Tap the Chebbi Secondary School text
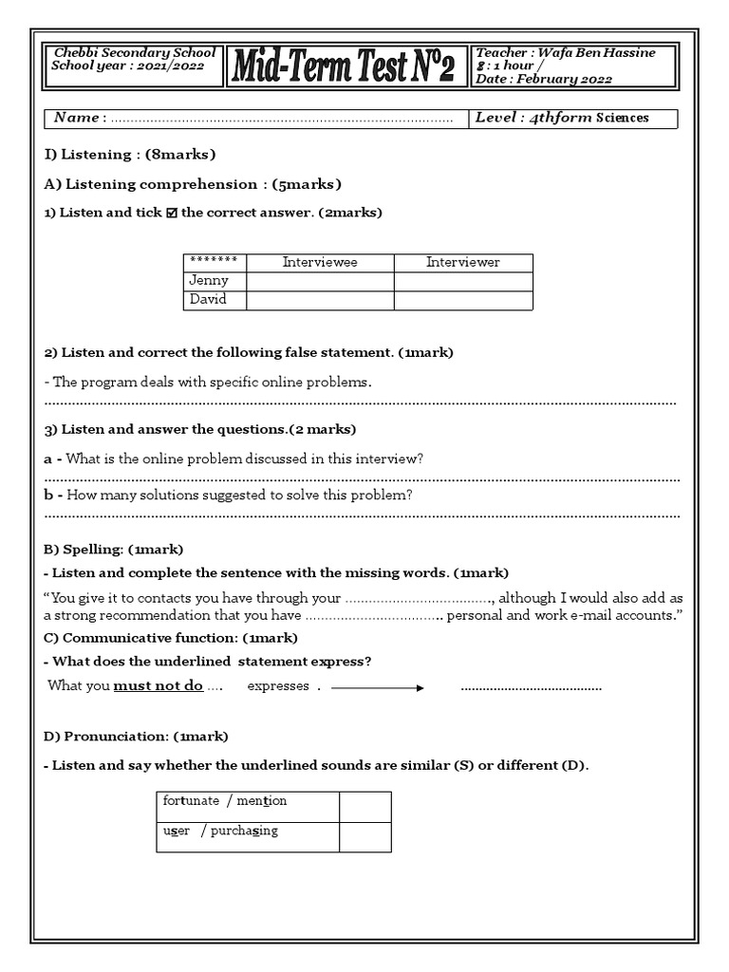(x=135, y=53)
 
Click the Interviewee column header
(x=320, y=263)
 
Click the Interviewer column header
(x=462, y=263)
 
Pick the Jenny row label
(x=209, y=281)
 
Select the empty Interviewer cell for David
(x=462, y=300)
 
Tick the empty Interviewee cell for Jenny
(x=320, y=281)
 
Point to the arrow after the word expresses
(x=377, y=687)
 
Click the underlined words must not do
(x=159, y=686)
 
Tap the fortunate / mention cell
(x=225, y=801)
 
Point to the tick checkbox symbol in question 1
(x=171, y=214)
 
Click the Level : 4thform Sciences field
(x=574, y=118)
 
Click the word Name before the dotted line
(x=76, y=118)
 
